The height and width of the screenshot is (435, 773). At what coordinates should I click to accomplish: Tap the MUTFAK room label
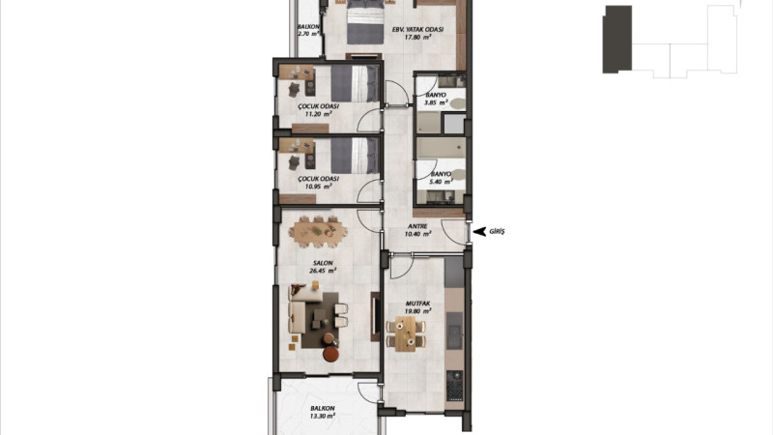417,304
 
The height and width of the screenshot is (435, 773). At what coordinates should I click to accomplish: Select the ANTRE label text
417,226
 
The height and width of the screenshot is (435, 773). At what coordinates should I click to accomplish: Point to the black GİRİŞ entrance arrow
479,231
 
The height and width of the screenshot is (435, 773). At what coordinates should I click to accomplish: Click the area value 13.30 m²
323,416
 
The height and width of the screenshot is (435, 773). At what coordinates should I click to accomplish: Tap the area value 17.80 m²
417,37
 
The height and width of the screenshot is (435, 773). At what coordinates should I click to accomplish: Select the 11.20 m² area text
318,114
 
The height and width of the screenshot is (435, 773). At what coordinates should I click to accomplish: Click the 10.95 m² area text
318,187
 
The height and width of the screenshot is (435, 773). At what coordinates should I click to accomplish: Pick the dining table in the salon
318,231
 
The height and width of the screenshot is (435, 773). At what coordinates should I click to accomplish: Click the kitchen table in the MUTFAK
406,333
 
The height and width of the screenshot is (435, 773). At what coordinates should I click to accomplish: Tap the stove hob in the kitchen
454,385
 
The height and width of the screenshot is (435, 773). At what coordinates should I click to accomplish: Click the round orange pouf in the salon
330,354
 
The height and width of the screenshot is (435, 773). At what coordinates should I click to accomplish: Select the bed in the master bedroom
365,22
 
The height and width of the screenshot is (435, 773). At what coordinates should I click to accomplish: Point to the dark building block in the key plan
617,40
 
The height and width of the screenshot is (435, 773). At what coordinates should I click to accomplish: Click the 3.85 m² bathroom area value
436,102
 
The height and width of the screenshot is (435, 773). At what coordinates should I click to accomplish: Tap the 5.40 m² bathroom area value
441,182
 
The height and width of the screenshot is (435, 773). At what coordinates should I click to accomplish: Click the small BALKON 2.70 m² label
308,30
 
